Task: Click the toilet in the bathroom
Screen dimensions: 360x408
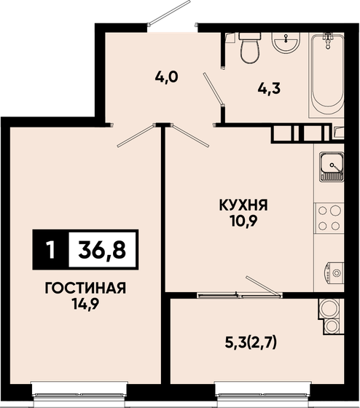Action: point(250,47)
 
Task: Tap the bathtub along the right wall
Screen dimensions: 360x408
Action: point(326,74)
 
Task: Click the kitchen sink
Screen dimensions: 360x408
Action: point(332,167)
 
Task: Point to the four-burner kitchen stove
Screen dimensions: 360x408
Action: point(329,218)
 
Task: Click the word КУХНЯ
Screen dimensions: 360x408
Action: point(243,205)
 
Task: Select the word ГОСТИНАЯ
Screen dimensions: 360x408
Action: point(85,289)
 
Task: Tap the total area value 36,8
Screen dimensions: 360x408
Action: point(102,249)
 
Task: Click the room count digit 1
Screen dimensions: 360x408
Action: point(51,250)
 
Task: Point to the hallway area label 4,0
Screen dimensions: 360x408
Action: point(167,76)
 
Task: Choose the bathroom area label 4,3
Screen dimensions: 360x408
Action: point(269,89)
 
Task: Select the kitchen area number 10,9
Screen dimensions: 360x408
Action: point(243,221)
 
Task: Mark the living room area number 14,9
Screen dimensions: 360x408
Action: point(86,305)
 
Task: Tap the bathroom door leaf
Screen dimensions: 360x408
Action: point(214,89)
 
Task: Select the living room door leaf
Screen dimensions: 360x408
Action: point(136,136)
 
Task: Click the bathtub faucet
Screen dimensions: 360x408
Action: point(328,40)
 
